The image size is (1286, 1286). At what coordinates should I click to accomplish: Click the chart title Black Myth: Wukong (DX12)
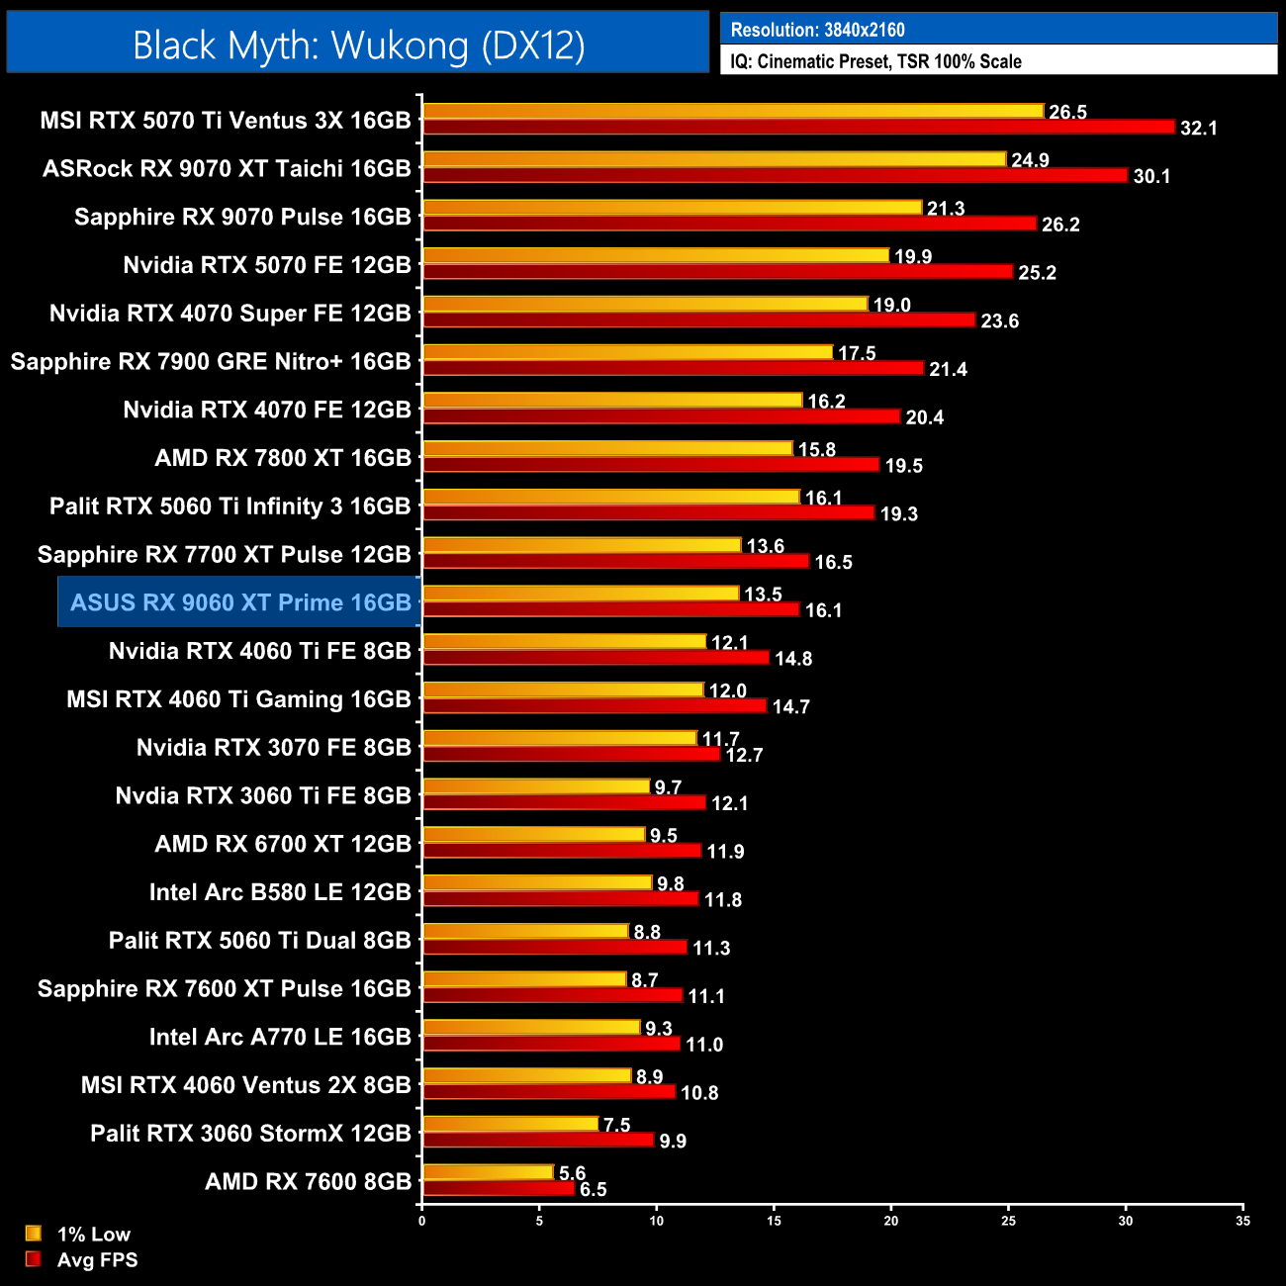click(358, 45)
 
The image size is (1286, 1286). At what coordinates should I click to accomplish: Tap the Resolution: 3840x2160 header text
click(817, 30)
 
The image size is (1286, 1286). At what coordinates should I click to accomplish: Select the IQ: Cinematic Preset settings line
click(875, 61)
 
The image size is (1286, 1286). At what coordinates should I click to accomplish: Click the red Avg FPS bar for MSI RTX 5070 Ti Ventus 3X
click(798, 127)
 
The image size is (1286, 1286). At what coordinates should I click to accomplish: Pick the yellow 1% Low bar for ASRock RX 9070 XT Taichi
click(713, 159)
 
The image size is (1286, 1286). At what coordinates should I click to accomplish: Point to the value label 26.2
click(1060, 225)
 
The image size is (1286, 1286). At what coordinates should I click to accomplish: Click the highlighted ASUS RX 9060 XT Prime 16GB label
click(240, 602)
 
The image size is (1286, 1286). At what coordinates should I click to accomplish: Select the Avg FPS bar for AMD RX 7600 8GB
click(498, 1188)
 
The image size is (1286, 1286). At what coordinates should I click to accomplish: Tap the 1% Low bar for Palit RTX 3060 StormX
click(510, 1124)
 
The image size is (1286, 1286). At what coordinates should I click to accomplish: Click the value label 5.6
click(572, 1173)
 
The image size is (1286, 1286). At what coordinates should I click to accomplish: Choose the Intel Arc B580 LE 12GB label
click(280, 892)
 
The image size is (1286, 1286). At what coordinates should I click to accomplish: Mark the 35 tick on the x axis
click(1242, 1221)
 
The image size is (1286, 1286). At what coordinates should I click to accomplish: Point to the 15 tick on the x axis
click(774, 1221)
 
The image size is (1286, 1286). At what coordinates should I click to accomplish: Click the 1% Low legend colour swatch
click(34, 1234)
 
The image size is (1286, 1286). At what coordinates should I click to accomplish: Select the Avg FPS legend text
click(97, 1259)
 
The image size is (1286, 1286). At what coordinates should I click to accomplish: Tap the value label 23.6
click(999, 321)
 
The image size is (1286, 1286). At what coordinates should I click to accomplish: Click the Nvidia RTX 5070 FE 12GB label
click(267, 265)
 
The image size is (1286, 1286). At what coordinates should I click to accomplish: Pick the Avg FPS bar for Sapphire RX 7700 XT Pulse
click(615, 561)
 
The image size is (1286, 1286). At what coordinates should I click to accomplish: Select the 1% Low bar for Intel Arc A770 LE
click(531, 1028)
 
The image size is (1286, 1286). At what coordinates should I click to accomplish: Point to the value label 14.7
click(790, 706)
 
